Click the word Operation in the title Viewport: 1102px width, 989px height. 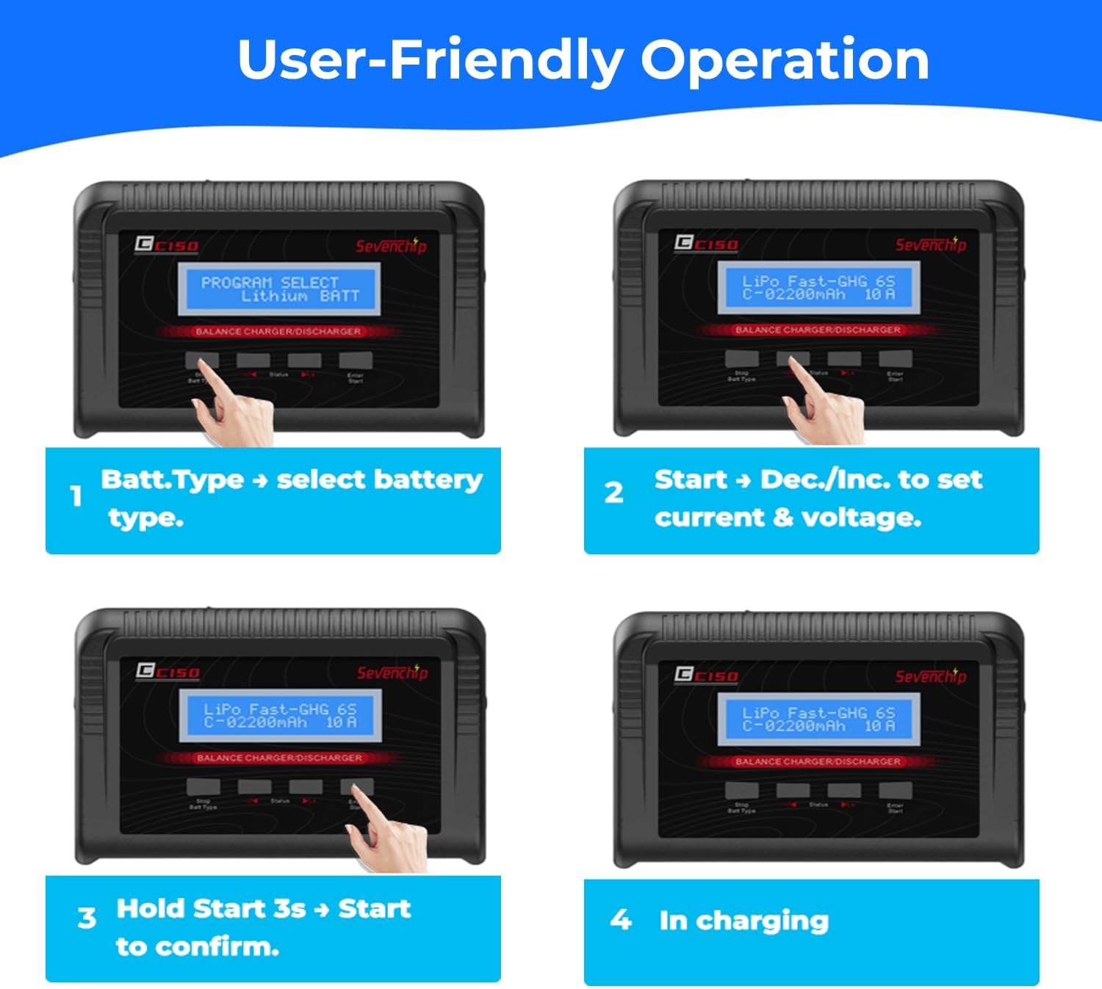point(785,60)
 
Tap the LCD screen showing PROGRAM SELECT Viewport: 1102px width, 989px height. point(279,289)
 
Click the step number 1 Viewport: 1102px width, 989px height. point(76,496)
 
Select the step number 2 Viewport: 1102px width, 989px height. point(614,493)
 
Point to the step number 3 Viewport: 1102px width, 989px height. point(87,918)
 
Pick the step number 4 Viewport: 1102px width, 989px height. point(621,919)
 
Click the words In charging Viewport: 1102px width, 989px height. point(743,921)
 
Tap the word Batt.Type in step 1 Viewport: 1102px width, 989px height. point(172,479)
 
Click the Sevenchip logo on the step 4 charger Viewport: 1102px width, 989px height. point(930,676)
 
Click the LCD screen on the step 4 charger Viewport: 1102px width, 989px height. point(818,720)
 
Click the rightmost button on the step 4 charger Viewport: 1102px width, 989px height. point(895,791)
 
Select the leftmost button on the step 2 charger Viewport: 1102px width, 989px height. point(741,358)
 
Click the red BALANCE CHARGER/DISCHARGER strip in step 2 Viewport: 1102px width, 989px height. point(818,330)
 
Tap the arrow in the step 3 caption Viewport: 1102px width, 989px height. point(321,910)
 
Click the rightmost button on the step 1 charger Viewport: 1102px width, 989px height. point(356,361)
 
